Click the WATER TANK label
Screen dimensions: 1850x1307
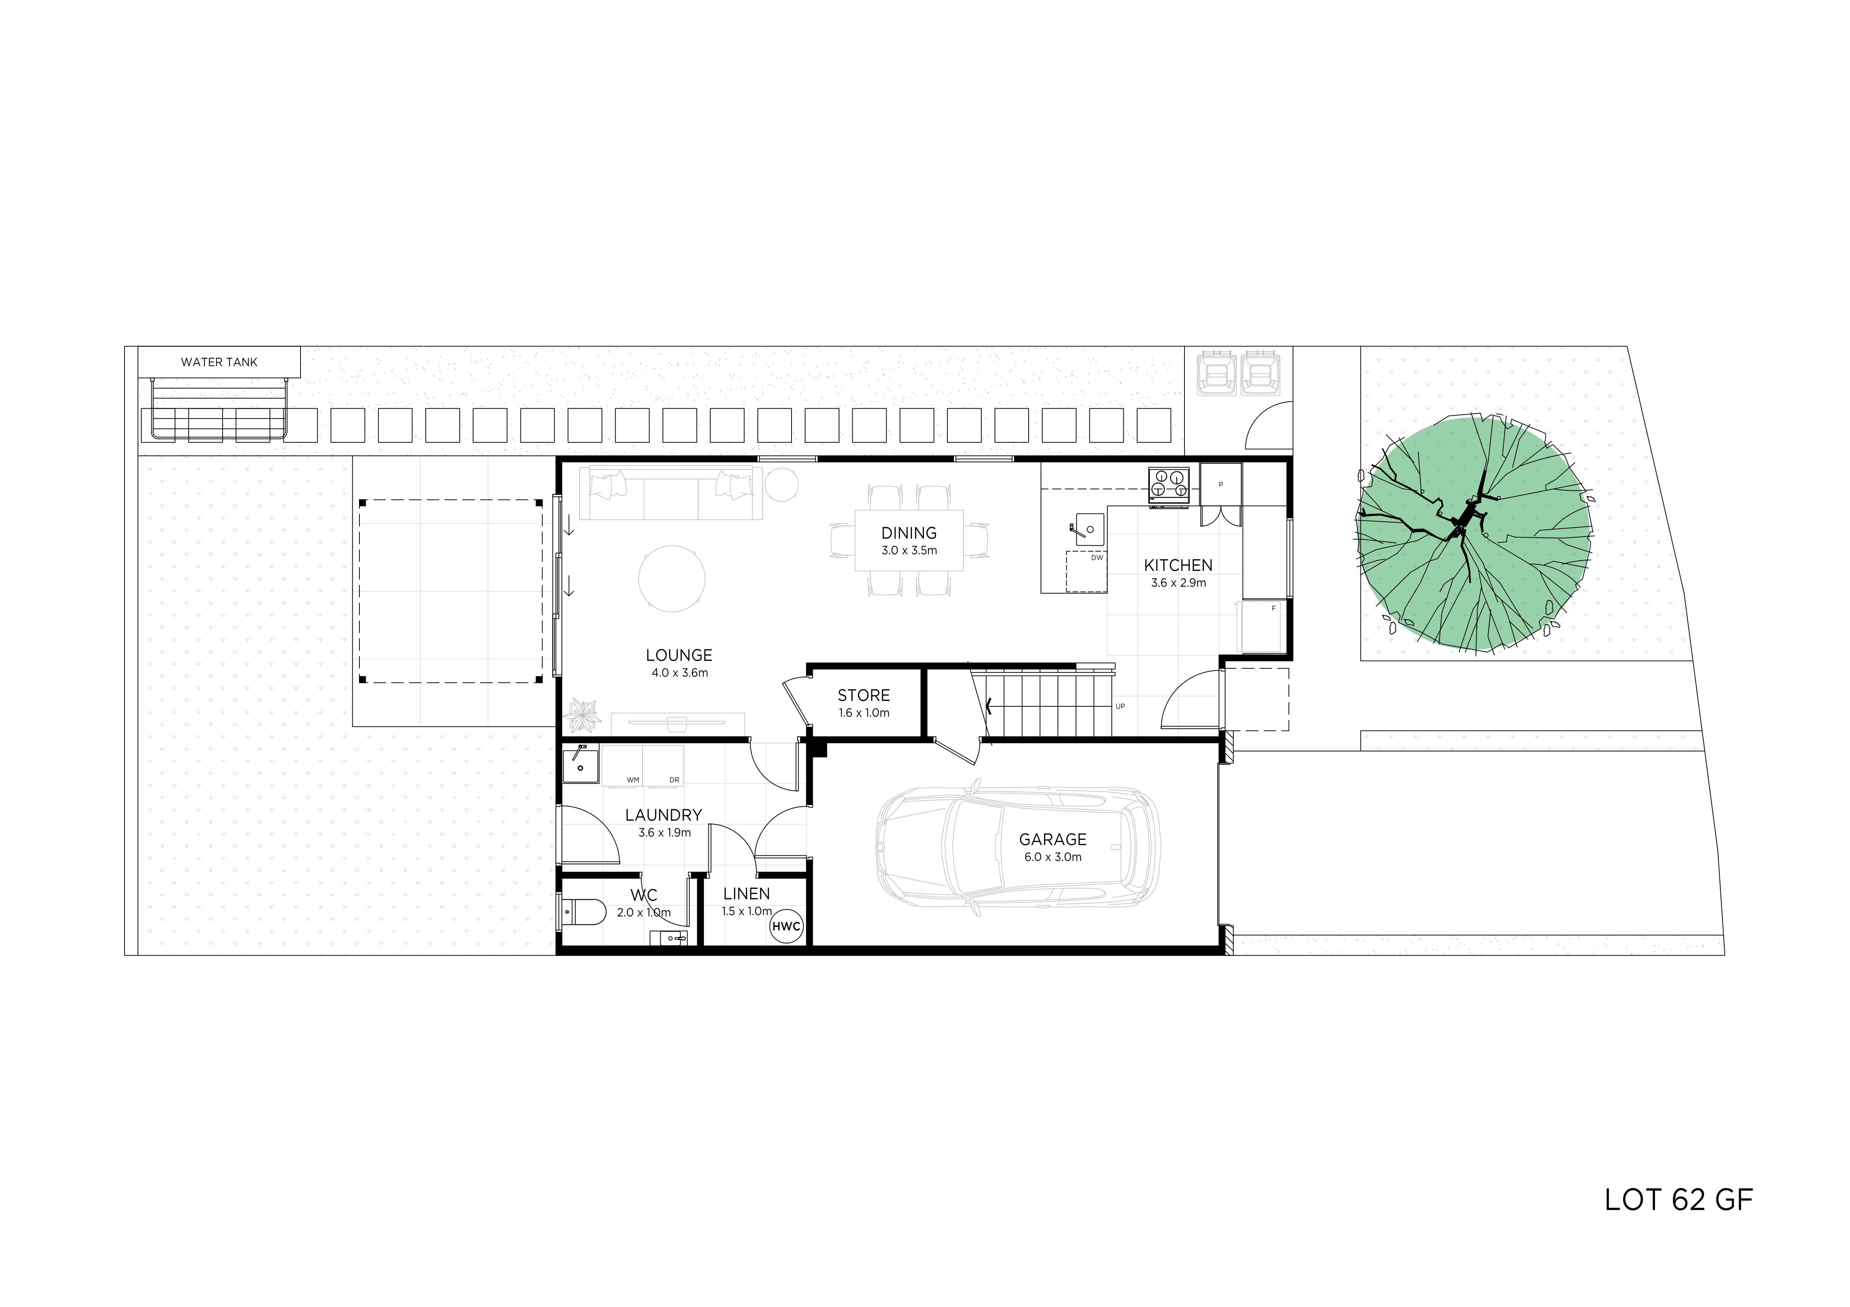coord(219,363)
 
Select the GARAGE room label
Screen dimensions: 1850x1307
coord(1053,839)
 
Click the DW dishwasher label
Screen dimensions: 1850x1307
coord(1097,557)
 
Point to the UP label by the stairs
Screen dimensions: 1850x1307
coord(1120,706)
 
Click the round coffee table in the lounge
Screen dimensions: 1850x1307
coord(672,578)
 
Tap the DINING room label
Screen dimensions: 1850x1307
coord(909,533)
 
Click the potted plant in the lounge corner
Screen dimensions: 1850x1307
coord(583,713)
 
